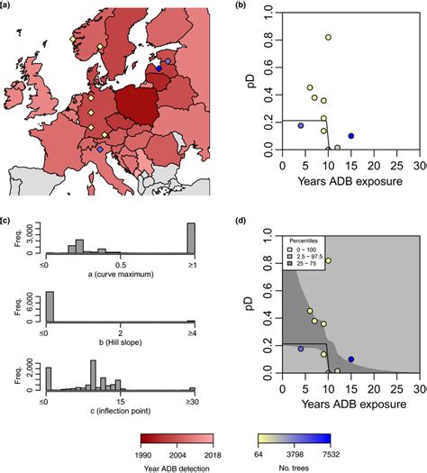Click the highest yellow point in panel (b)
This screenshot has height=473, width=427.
[x=328, y=38]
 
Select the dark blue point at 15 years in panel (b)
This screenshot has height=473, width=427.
[x=351, y=136]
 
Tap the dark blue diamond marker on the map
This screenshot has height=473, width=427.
[x=159, y=68]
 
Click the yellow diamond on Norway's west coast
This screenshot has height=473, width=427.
[x=72, y=40]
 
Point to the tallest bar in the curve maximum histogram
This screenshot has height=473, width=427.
[x=191, y=238]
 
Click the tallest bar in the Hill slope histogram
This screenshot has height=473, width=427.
[x=50, y=307]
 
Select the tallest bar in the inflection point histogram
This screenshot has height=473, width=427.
[x=93, y=376]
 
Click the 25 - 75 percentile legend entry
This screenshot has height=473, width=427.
[x=303, y=264]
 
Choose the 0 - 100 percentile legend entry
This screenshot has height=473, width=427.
[x=302, y=250]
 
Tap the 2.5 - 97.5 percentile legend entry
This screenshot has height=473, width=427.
[x=305, y=257]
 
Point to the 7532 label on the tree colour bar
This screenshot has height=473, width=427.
[x=330, y=454]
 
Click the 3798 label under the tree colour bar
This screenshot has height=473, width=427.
[x=294, y=454]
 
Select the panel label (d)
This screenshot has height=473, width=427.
[x=241, y=221]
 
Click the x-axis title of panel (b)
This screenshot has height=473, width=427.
[x=350, y=181]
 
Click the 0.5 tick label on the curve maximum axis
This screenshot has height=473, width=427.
[x=121, y=266]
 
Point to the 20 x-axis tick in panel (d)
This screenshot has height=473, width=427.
[x=374, y=389]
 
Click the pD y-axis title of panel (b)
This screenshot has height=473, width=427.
[x=251, y=80]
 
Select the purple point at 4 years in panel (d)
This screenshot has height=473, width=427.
[x=301, y=349]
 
